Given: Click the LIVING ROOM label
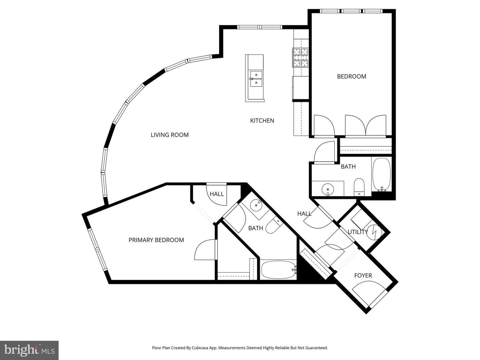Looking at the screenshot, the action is pyautogui.click(x=170, y=135).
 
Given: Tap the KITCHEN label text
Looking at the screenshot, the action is pyautogui.click(x=262, y=121).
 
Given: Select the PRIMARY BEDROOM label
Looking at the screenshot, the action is pyautogui.click(x=156, y=240).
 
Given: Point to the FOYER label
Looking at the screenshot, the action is pyautogui.click(x=363, y=275).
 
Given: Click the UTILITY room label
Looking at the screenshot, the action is pyautogui.click(x=358, y=232).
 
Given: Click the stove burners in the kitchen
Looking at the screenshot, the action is pyautogui.click(x=301, y=57).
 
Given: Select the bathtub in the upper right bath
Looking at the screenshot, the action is pyautogui.click(x=381, y=175).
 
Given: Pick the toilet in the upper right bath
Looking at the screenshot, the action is pyautogui.click(x=359, y=187).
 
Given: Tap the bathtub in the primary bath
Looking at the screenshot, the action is pyautogui.click(x=278, y=270).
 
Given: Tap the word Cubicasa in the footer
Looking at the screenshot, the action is pyautogui.click(x=201, y=348).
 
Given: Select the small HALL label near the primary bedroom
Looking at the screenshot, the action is pyautogui.click(x=217, y=194).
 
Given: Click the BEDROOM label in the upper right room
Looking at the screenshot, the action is pyautogui.click(x=351, y=77).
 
